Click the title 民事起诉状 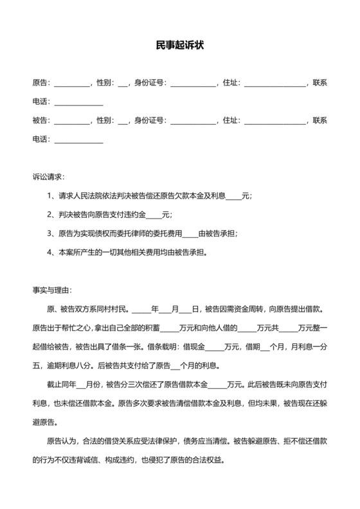pos(180,45)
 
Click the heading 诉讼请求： pos(48,176)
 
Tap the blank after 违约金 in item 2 pos(155,214)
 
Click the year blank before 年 pos(141,308)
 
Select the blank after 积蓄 pos(169,328)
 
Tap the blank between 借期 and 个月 pos(264,346)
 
